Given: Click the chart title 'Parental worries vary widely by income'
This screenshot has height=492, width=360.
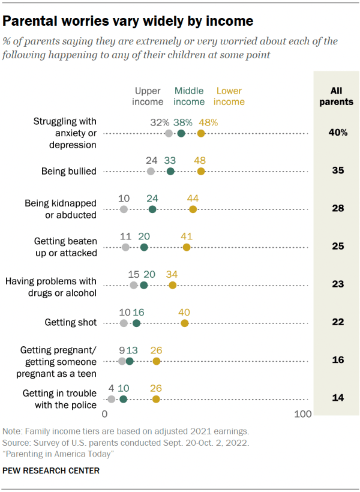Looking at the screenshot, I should coord(128,21).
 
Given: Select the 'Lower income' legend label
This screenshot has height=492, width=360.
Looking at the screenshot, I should coord(229,96).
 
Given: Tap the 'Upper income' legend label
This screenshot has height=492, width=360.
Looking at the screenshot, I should coord(148,96).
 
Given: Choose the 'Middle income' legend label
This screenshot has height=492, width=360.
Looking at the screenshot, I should coord(188,96).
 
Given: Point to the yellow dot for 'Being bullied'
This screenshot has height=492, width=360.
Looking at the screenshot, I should coord(201,172).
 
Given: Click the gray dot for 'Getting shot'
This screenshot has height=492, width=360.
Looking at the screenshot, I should coord(124,323).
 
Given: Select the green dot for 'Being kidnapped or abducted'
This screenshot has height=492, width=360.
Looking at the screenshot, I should coord(152,209).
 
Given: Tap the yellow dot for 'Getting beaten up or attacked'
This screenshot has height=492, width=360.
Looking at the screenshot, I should coord(187,247).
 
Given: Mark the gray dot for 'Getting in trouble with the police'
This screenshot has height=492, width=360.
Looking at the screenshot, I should coord(112,399).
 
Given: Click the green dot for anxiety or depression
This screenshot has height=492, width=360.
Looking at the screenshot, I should coord(181,134).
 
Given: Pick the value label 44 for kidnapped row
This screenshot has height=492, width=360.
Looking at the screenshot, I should coord(193,199).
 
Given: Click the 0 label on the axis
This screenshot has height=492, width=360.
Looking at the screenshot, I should coord(105,415).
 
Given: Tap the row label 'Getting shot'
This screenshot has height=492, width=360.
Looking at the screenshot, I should coord(71,323).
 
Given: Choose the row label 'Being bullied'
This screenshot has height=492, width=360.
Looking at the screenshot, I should coord(69,172).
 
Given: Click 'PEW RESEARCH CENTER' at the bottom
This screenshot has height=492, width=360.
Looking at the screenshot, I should coord(51,471).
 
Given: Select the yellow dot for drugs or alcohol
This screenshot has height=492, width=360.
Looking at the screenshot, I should coord(173,285).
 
